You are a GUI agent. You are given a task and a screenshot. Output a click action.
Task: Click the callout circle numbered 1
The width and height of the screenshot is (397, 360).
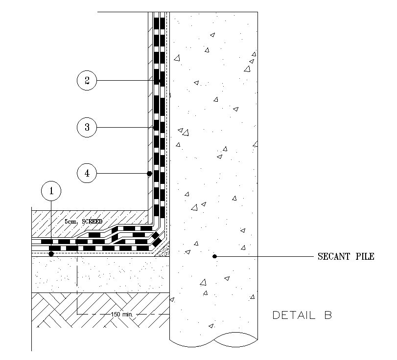click(x=51, y=191)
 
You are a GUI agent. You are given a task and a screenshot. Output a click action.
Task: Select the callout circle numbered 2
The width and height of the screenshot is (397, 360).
click(x=87, y=80)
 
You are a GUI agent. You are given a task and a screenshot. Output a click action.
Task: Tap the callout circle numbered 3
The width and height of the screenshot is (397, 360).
click(x=87, y=127)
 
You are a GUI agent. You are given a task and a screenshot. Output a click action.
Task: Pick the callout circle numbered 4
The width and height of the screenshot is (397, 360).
click(x=87, y=173)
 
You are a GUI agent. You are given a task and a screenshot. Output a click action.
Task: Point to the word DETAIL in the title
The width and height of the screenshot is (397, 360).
click(x=294, y=315)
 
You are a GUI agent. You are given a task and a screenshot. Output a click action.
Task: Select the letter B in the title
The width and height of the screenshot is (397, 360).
click(x=327, y=315)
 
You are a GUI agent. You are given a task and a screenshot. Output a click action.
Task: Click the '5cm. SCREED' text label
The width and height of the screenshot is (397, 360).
click(x=84, y=222)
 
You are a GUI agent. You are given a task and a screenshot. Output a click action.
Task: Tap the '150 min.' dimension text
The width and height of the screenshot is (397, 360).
click(x=122, y=314)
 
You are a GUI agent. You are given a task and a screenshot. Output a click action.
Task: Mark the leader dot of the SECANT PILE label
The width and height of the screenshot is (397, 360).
click(x=214, y=256)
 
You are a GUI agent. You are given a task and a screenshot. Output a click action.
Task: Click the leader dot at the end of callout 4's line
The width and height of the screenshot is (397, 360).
click(x=149, y=173)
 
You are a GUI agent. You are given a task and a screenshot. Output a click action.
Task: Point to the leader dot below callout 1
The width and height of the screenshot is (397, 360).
click(x=51, y=254)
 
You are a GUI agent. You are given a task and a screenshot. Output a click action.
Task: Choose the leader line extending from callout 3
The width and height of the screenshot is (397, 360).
click(x=122, y=127)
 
